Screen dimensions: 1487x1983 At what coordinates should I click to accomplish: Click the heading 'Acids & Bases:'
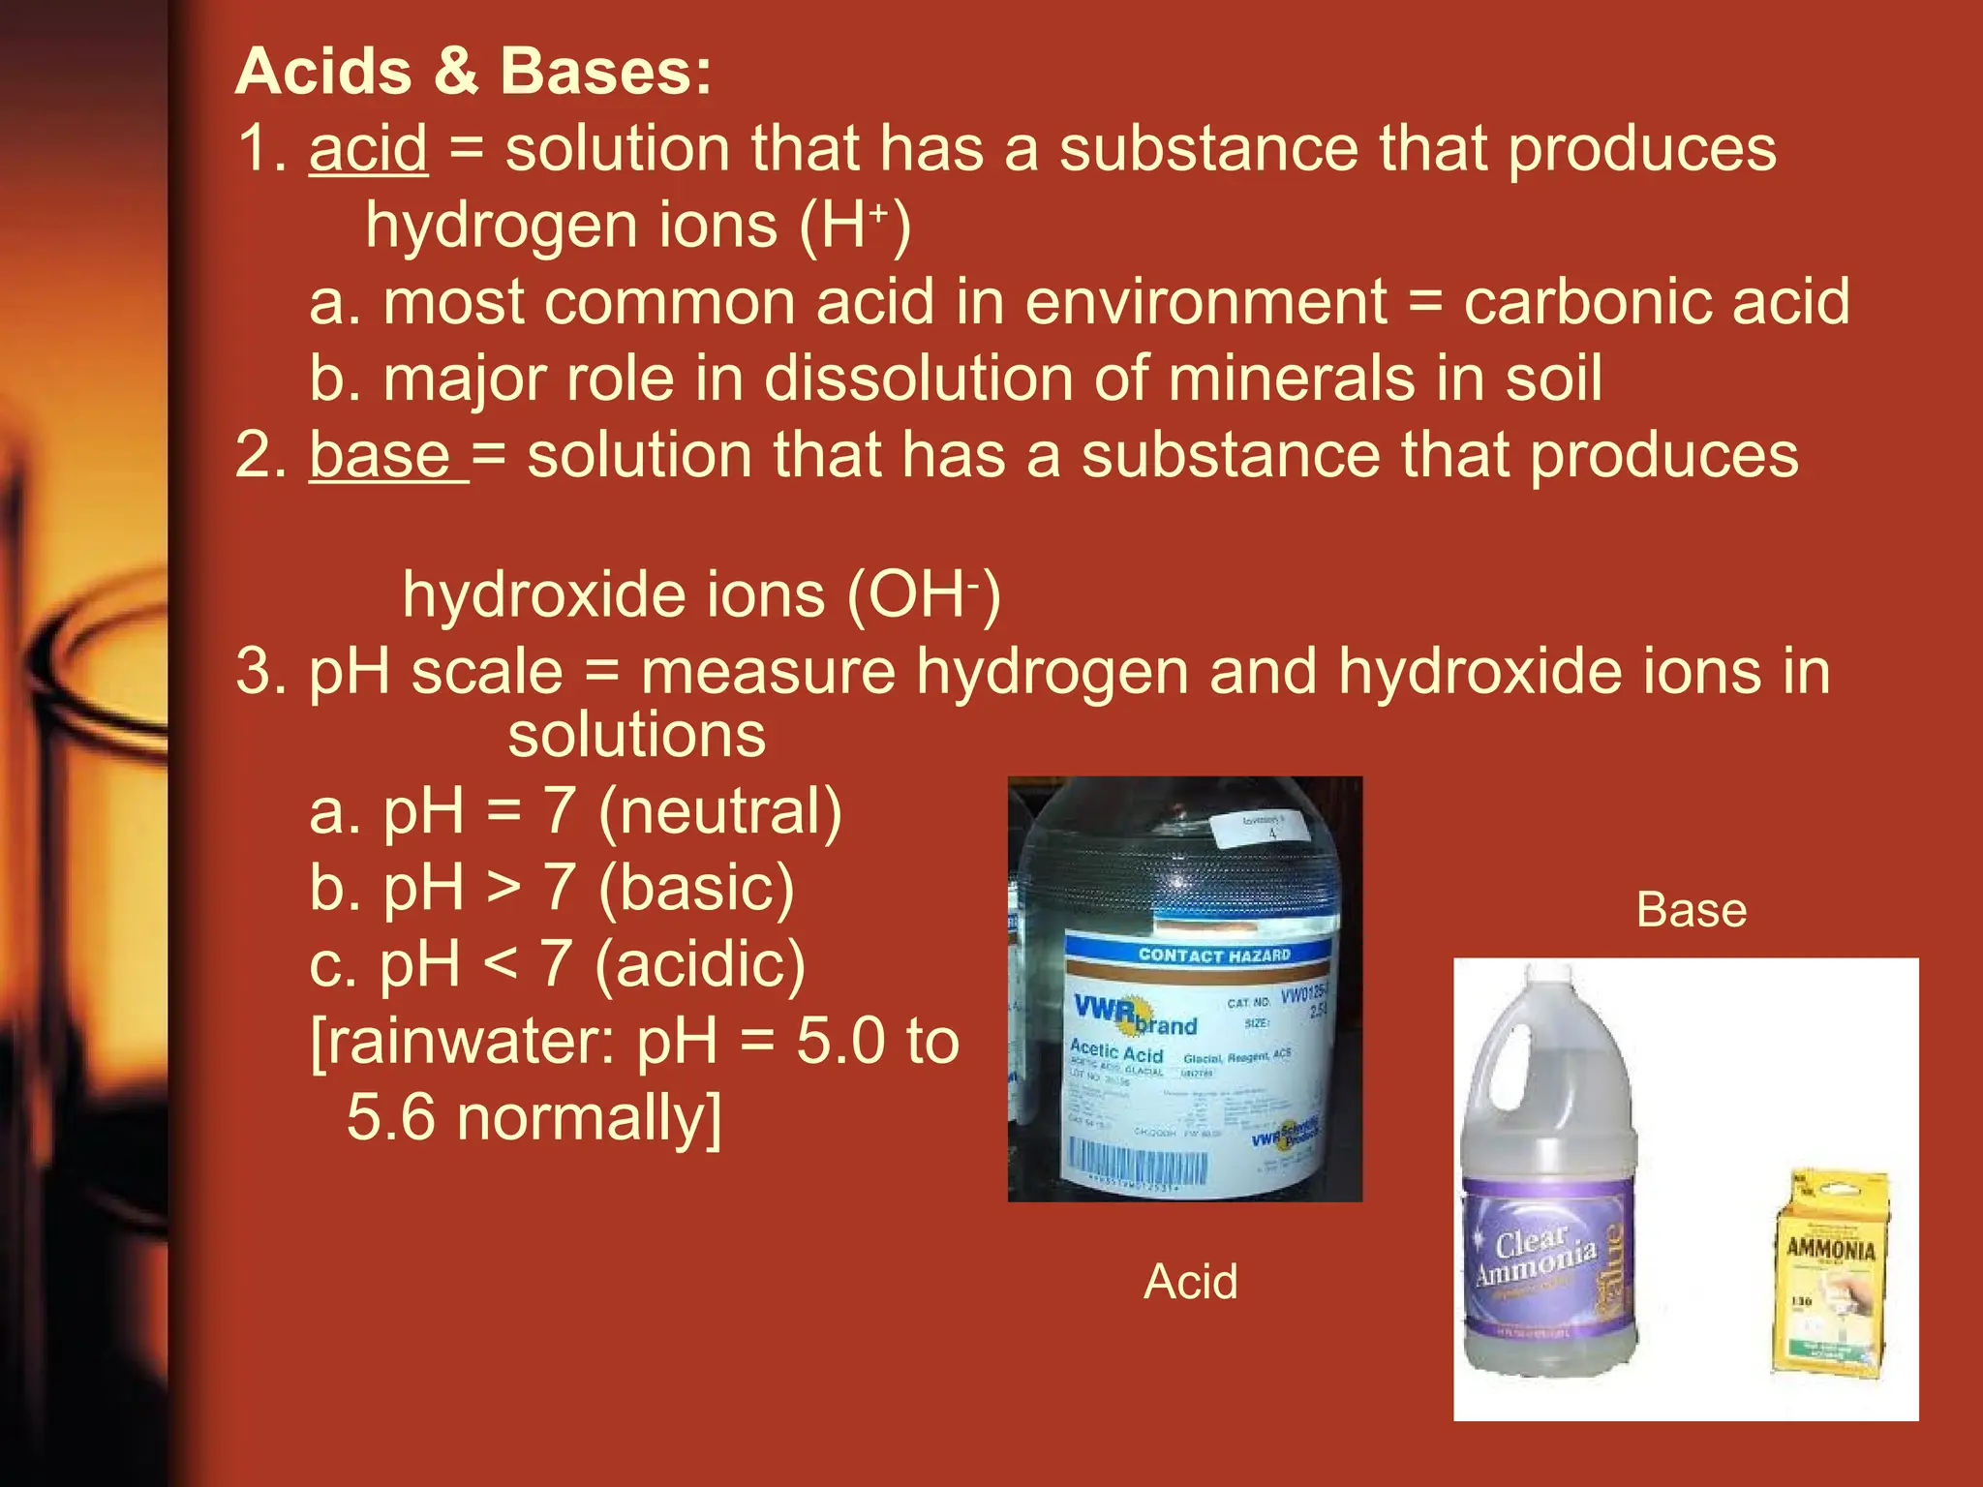(473, 73)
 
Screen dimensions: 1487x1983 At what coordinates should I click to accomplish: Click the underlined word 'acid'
(368, 149)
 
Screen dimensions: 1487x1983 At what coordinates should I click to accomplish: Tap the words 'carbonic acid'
(1656, 302)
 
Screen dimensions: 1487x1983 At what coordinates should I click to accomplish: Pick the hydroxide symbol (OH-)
(923, 594)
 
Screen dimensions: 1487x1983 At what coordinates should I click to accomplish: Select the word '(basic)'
(697, 888)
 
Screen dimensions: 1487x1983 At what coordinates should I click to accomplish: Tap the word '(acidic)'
(700, 964)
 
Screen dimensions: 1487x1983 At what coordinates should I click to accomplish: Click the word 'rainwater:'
(465, 1042)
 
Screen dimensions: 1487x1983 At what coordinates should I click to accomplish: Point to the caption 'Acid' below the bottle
(1190, 1282)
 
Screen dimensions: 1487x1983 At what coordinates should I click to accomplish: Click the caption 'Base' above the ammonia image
(1692, 910)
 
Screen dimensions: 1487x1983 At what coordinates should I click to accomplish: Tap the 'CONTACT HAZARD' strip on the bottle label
(1214, 956)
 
